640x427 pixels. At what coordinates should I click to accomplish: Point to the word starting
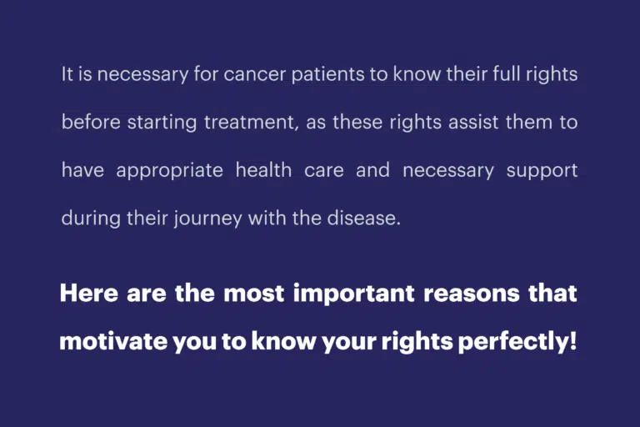(162, 123)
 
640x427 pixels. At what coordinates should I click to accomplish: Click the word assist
(473, 122)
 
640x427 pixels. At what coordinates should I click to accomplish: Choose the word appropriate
(169, 171)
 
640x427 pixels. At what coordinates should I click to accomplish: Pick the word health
(263, 169)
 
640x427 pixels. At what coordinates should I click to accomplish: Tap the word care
(323, 170)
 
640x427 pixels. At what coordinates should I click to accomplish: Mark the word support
(542, 171)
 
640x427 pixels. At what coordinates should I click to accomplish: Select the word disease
(363, 218)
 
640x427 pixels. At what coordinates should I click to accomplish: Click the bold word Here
(89, 293)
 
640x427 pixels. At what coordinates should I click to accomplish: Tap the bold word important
(354, 294)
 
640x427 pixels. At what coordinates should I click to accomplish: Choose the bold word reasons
(472, 294)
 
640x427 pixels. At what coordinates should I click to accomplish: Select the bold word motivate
(113, 341)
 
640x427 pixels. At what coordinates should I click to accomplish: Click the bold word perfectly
(513, 342)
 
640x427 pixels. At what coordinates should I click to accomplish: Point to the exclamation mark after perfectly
(573, 341)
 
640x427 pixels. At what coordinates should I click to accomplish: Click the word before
(91, 122)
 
